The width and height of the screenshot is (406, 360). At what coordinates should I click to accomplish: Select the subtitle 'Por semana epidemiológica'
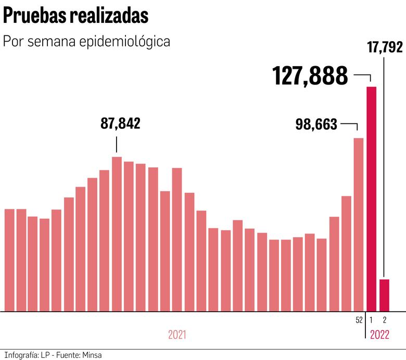[87, 42]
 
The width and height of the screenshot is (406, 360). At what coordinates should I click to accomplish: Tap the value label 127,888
[310, 77]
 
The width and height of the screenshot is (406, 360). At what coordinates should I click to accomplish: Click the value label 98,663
[316, 125]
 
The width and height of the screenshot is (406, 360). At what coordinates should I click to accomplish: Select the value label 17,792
[385, 47]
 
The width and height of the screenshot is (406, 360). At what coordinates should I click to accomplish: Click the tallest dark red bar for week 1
[371, 198]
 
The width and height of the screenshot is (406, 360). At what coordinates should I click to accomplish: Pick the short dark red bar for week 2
[385, 295]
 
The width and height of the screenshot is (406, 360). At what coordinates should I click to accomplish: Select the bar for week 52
[359, 224]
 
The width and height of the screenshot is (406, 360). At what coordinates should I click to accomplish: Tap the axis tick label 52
[359, 320]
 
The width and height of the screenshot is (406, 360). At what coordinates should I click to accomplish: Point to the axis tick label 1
[371, 320]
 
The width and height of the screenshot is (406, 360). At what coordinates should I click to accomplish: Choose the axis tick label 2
[385, 320]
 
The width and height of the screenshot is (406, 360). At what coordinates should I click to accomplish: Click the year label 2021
[177, 334]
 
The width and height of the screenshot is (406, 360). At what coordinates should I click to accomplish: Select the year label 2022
[379, 334]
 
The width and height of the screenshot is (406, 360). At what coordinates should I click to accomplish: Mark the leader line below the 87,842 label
[117, 144]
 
